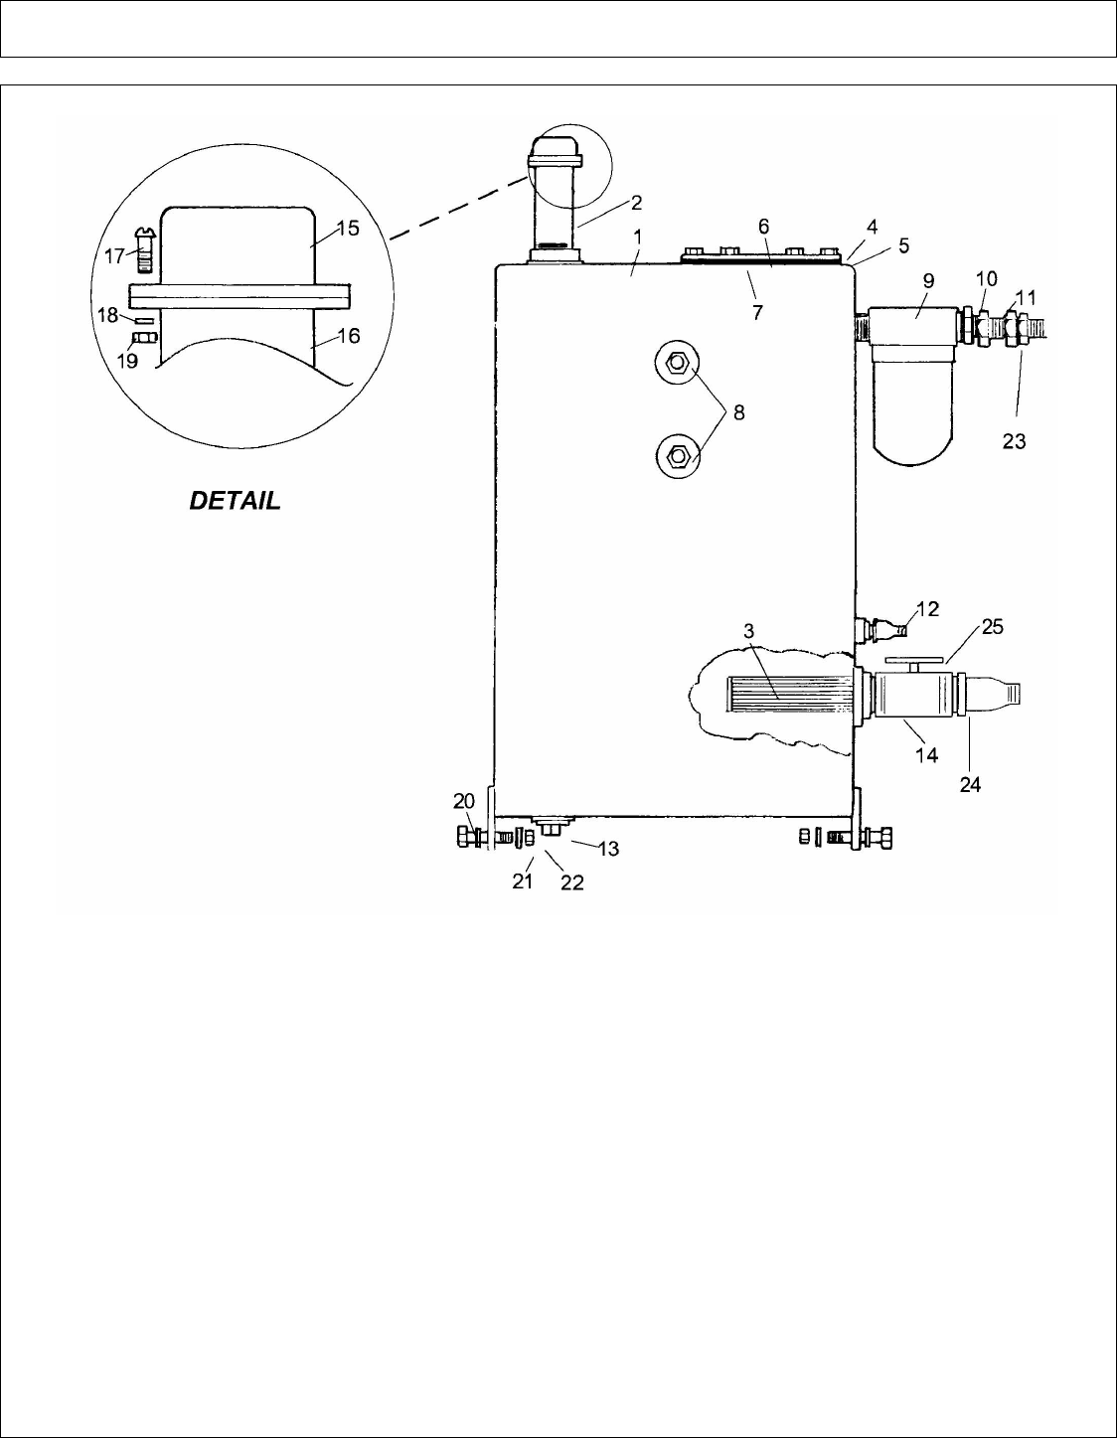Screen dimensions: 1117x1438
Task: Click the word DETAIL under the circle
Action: [235, 501]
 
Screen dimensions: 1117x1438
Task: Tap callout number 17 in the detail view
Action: [114, 256]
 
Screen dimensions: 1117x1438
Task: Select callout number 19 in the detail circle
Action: [127, 361]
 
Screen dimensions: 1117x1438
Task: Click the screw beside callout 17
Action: [143, 249]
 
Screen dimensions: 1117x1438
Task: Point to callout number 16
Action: [349, 336]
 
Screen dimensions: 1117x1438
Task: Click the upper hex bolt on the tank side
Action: [677, 363]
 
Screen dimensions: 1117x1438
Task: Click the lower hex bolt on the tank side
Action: [677, 456]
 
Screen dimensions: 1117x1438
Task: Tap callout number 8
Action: [739, 412]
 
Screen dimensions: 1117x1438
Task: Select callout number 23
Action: [1014, 440]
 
